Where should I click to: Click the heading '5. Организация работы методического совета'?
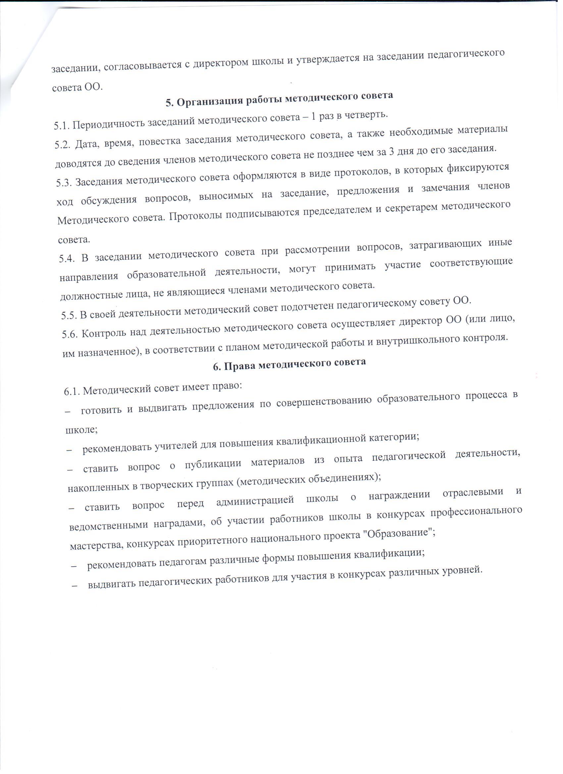279,99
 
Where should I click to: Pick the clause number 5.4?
67,259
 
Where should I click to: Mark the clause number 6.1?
71,391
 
